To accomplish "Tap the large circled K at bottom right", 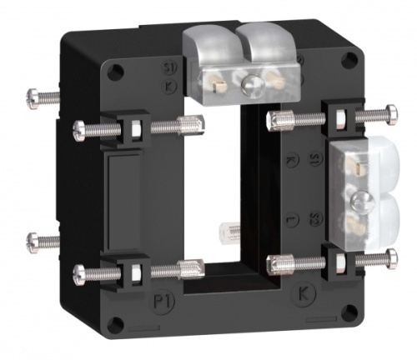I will pos(304,292).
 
